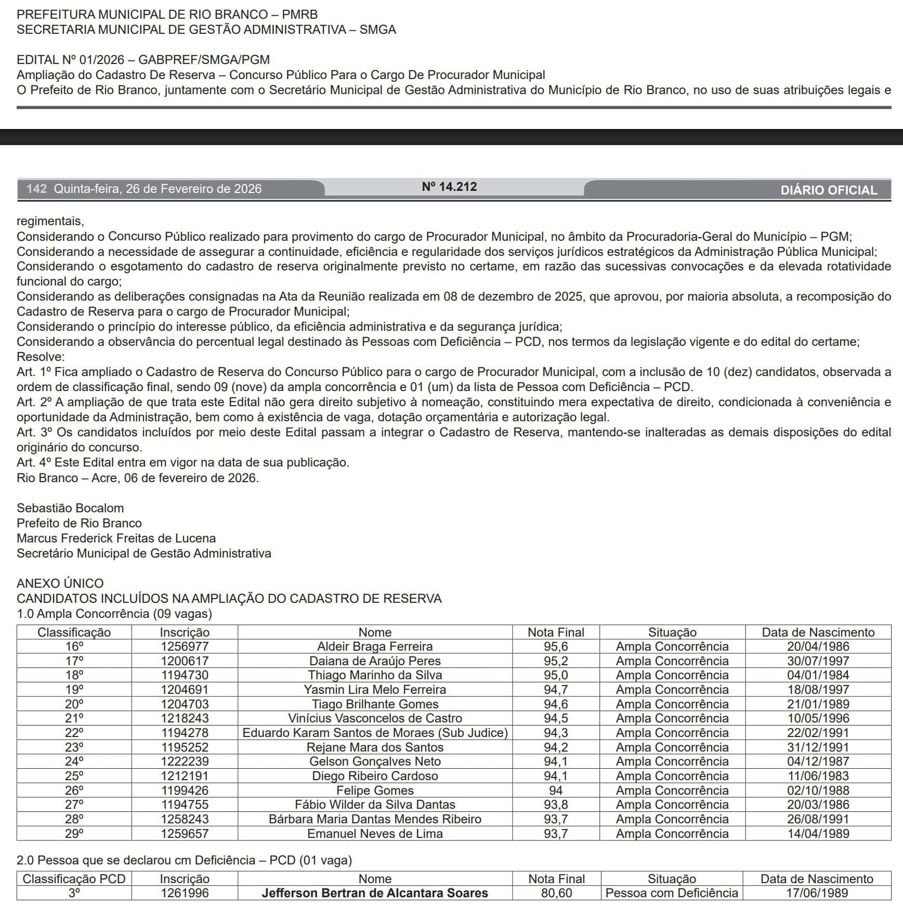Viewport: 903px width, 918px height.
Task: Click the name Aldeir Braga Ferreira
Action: tap(374, 647)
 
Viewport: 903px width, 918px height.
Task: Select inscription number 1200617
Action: tap(184, 661)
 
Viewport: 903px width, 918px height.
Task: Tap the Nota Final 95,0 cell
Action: tap(555, 675)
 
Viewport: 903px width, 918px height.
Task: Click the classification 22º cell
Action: tap(74, 733)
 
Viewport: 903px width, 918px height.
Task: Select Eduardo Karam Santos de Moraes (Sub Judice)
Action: tap(374, 733)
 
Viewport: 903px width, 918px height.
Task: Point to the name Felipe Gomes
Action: tap(374, 791)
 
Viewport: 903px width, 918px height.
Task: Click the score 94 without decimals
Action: tap(555, 791)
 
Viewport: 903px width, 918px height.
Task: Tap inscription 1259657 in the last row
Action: tap(184, 834)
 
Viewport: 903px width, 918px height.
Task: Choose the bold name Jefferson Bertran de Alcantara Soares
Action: tap(374, 893)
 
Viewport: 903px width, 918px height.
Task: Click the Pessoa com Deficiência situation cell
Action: tap(671, 893)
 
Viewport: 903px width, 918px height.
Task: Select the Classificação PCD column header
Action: tap(74, 879)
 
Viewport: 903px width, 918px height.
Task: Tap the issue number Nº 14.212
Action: tap(449, 187)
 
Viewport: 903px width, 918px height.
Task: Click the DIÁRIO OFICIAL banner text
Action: tap(828, 190)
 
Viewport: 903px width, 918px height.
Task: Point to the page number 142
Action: tap(36, 189)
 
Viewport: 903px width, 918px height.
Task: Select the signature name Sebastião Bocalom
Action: tap(70, 508)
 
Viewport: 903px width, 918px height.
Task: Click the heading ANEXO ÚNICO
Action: tap(60, 584)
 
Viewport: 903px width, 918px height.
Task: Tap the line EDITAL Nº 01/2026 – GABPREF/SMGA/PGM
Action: tap(143, 60)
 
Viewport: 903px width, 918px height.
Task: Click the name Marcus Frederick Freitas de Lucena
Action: tap(116, 538)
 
